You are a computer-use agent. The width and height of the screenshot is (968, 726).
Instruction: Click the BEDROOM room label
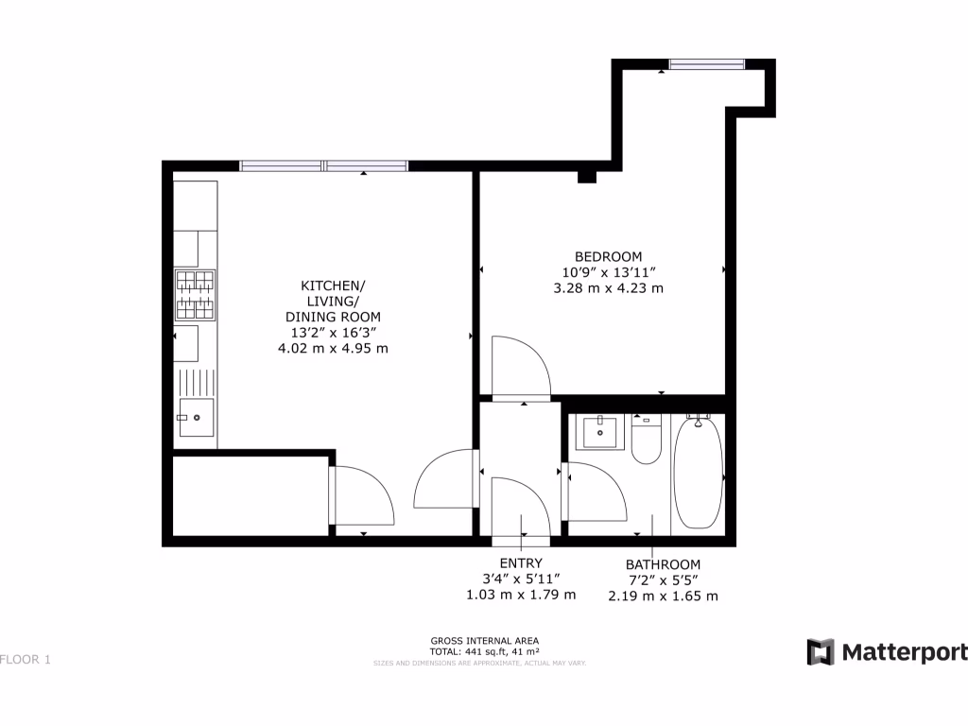(609, 256)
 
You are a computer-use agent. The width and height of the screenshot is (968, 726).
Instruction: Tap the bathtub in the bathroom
(698, 472)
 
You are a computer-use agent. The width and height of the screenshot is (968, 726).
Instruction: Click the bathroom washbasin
(598, 432)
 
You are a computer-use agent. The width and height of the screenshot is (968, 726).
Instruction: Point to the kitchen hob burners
(194, 294)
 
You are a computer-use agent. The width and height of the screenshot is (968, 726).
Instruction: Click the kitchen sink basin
(197, 417)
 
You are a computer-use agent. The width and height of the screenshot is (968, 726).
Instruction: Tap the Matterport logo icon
(820, 652)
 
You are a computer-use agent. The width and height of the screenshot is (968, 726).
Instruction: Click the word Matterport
(904, 652)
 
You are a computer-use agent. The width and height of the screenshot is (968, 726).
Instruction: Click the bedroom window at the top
(707, 64)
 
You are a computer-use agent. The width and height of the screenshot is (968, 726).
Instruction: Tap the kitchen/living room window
(323, 165)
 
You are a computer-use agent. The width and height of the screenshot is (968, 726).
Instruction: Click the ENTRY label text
(521, 563)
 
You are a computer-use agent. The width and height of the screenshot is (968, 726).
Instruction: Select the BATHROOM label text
(663, 564)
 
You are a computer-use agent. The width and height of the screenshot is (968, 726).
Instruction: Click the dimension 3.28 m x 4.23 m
(608, 287)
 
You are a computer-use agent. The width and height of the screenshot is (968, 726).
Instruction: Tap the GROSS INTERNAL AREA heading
(484, 640)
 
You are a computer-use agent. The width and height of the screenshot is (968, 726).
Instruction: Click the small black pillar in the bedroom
(587, 176)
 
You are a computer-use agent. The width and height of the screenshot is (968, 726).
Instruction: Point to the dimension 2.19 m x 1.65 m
(663, 596)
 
